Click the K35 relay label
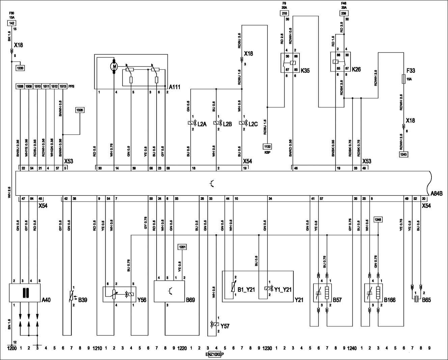pyautogui.click(x=305, y=71)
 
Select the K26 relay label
pyautogui.click(x=356, y=69)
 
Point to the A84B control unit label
pyautogui.click(x=437, y=193)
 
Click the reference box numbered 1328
pyautogui.click(x=80, y=110)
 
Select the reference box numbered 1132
pyautogui.click(x=267, y=147)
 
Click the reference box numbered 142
pyautogui.click(x=11, y=23)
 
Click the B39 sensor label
pyautogui.click(x=83, y=300)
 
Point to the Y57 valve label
pyautogui.click(x=225, y=326)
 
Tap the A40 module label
pyautogui.click(x=46, y=300)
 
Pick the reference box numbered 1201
pyautogui.click(x=182, y=247)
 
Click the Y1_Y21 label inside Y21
pyautogui.click(x=283, y=289)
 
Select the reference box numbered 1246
pyautogui.click(x=378, y=219)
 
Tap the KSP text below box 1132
pyautogui.click(x=267, y=152)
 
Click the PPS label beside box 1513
pyautogui.click(x=71, y=86)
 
